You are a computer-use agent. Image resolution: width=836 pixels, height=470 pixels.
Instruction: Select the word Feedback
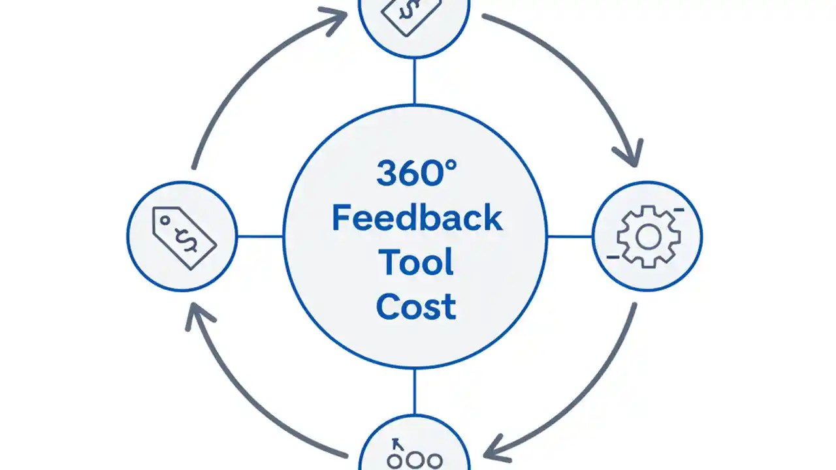pyautogui.click(x=417, y=218)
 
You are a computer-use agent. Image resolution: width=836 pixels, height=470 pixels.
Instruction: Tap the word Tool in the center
pyautogui.click(x=416, y=262)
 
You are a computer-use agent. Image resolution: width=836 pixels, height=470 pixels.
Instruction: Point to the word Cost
pyautogui.click(x=416, y=306)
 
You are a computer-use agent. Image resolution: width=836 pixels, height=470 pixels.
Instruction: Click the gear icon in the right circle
pyautogui.click(x=648, y=236)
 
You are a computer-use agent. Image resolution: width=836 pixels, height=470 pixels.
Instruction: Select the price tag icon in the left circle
pyautogui.click(x=184, y=237)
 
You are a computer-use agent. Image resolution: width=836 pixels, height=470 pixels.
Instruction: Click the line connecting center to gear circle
pyautogui.click(x=570, y=236)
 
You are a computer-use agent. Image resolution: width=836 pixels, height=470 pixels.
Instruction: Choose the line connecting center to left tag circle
pyautogui.click(x=260, y=236)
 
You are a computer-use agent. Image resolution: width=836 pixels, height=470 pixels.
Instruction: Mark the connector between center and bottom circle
pyautogui.click(x=414, y=392)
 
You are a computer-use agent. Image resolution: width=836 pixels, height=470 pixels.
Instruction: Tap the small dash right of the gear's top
pyautogui.click(x=679, y=210)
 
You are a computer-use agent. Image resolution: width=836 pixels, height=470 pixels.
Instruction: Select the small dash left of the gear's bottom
pyautogui.click(x=613, y=257)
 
